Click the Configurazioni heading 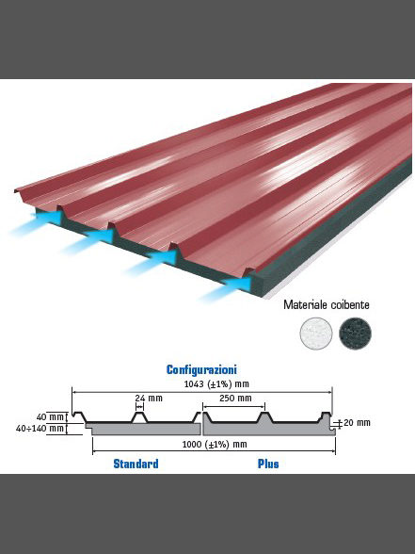[x=201, y=369]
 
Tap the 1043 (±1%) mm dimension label [x=216, y=384]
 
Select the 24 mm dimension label [x=149, y=399]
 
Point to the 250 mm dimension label [x=235, y=399]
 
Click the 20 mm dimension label [x=357, y=422]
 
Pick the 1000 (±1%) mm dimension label [x=215, y=445]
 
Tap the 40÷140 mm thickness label [x=40, y=429]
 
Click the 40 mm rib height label [x=50, y=417]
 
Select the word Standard [x=136, y=464]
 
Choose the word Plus [x=268, y=464]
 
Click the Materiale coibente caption [x=327, y=304]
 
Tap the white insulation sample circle [x=316, y=334]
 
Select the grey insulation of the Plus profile [x=268, y=429]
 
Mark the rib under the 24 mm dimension [x=139, y=417]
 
